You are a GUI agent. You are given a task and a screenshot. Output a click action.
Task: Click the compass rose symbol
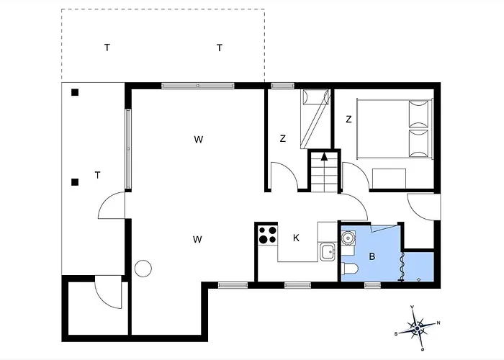[x=417, y=328]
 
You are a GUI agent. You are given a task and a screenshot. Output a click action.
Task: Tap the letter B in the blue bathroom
[x=372, y=256]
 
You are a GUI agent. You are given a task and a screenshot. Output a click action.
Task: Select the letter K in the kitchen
[x=296, y=238]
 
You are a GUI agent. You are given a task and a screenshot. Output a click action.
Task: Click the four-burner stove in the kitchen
[x=268, y=235]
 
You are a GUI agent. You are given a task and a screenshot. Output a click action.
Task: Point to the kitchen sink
[x=328, y=252]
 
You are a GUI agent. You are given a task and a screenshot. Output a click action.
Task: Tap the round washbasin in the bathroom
[x=348, y=238]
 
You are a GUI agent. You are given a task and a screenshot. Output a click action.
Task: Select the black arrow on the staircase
[x=324, y=156]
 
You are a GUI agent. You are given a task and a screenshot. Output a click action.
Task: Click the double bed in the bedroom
[x=395, y=129]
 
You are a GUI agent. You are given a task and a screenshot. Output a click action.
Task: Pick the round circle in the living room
[x=143, y=269]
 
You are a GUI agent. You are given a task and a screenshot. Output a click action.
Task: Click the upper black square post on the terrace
[x=75, y=93]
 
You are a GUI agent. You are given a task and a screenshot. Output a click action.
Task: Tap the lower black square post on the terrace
[x=75, y=183]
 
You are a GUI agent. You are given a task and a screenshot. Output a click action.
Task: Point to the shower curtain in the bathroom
[x=401, y=267]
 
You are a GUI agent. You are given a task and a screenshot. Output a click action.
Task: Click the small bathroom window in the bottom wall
[x=372, y=285]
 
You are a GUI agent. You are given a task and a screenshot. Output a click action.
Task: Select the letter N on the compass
[x=438, y=323]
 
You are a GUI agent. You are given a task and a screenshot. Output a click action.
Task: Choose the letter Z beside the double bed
[x=348, y=120]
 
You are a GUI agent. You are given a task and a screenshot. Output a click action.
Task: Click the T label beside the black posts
[x=97, y=175]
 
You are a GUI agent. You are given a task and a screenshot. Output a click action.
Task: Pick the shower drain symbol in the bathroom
[x=419, y=279]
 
